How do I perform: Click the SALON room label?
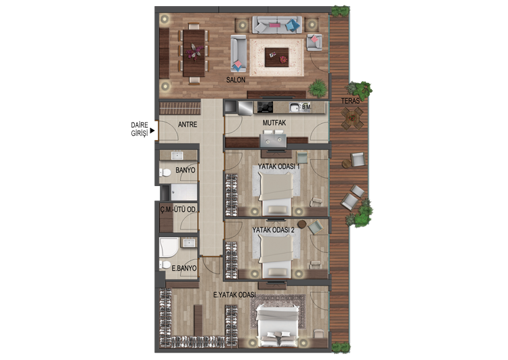[236, 80]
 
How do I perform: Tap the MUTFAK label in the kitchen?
[274, 122]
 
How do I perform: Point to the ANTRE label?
[187, 125]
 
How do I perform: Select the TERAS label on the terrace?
[350, 101]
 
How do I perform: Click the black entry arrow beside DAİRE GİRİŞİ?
[152, 131]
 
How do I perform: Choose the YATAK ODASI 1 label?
[278, 166]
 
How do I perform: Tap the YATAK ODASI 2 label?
[273, 230]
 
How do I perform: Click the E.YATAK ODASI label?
[234, 295]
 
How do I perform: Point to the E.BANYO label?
[184, 268]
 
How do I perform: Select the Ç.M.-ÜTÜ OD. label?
[178, 210]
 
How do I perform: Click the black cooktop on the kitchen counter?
[265, 107]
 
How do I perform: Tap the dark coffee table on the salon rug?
[276, 58]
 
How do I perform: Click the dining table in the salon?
[194, 53]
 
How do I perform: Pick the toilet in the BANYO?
[165, 173]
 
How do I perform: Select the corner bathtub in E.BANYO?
[168, 247]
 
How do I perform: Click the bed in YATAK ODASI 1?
[276, 193]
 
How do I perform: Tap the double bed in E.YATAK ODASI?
[277, 325]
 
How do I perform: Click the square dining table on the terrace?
[352, 118]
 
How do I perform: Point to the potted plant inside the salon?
[317, 88]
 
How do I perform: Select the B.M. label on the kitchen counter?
[306, 106]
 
